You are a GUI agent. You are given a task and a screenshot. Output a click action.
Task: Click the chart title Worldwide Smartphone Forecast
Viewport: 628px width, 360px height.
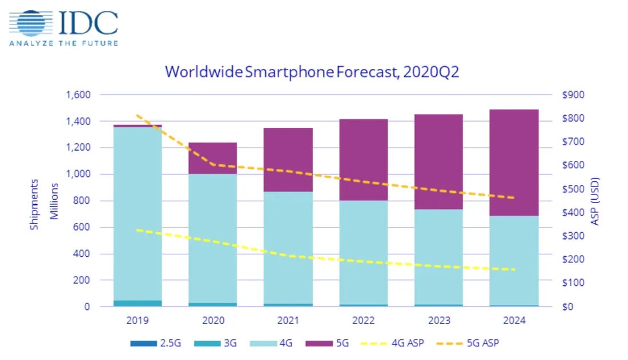(x=312, y=72)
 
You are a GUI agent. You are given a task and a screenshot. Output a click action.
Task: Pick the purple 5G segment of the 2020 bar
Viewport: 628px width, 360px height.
(x=212, y=158)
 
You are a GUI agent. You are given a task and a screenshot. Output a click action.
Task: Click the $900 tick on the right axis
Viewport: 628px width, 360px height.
(x=573, y=95)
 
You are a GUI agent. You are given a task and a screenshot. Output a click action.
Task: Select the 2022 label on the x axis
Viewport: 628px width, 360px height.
(x=363, y=321)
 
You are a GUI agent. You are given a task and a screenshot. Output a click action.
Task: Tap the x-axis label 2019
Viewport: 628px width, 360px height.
(x=138, y=321)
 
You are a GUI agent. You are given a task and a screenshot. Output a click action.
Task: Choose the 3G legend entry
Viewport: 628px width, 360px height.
(x=226, y=343)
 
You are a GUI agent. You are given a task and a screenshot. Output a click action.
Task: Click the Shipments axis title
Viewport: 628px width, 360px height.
(x=34, y=204)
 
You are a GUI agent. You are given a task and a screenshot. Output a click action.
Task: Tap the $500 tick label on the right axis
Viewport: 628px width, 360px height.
(x=573, y=189)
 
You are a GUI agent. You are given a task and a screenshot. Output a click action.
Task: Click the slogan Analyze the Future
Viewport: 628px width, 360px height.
(x=63, y=43)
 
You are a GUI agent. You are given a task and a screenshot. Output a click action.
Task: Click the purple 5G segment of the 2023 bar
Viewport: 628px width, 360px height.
(x=438, y=161)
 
